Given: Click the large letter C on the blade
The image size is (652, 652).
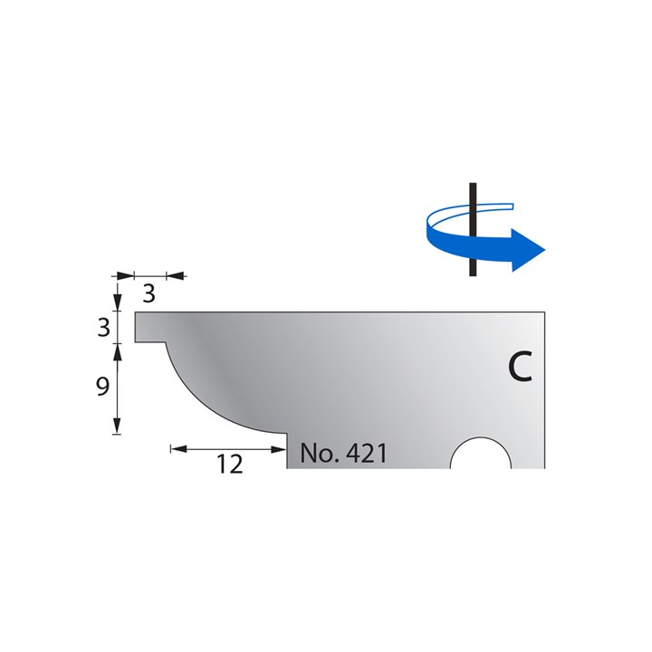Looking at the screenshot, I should (x=518, y=367).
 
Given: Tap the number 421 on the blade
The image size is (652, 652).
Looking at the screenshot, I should (x=367, y=453).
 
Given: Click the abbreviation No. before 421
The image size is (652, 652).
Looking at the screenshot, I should (x=318, y=453).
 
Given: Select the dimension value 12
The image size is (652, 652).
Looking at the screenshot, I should (x=230, y=465).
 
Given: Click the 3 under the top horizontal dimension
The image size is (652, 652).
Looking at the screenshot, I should (x=149, y=292).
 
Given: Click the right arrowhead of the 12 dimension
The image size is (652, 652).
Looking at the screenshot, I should (x=281, y=448).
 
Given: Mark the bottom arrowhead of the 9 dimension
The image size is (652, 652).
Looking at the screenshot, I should (x=118, y=427).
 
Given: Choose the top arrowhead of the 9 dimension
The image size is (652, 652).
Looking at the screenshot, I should (x=118, y=350).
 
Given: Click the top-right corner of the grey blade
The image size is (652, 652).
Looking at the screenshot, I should (x=543, y=313).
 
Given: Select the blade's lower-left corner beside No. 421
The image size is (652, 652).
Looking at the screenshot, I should (x=289, y=466).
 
